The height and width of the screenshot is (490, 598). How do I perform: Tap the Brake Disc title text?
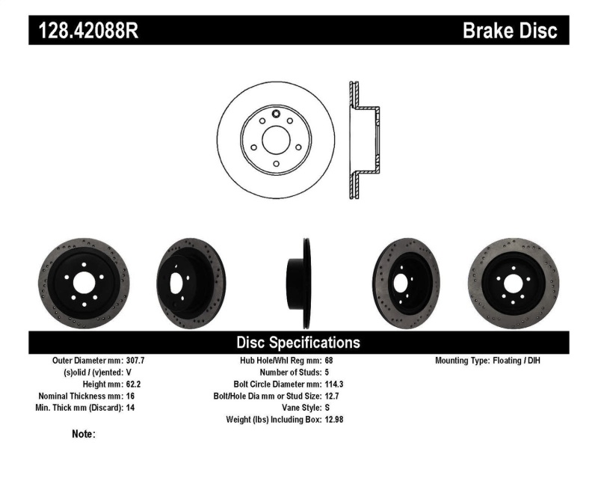tap(509, 31)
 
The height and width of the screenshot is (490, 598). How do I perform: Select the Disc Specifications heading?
tap(298, 343)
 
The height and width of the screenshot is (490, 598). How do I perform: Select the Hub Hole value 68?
tap(330, 361)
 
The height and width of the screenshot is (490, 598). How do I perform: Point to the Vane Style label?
tap(300, 408)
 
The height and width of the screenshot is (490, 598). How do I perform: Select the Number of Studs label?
tap(291, 372)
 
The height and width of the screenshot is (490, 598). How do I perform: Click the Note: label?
tap(83, 434)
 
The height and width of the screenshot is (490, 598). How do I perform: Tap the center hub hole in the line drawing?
tap(276, 139)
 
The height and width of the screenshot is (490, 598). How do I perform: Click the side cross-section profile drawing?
tap(363, 140)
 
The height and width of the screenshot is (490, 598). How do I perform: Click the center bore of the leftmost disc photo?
tap(83, 284)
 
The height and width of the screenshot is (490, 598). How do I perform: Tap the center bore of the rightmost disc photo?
tap(514, 284)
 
